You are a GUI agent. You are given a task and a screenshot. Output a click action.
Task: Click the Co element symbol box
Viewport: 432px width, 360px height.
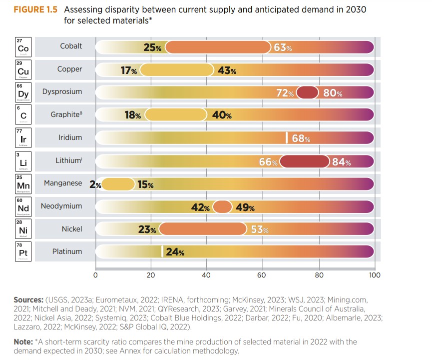(x=23, y=48)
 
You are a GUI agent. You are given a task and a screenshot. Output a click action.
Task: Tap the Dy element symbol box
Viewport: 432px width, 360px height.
(x=23, y=93)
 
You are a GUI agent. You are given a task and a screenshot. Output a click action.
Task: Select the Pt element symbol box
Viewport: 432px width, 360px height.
(x=23, y=253)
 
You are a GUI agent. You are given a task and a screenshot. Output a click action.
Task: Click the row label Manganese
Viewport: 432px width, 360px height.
(x=63, y=183)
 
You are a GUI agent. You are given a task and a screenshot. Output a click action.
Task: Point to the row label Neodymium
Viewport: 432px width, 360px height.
(x=61, y=206)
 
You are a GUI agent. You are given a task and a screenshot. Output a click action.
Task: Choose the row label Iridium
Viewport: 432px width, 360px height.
(x=70, y=137)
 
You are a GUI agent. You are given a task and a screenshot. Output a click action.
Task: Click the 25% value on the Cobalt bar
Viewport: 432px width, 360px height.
(x=152, y=47)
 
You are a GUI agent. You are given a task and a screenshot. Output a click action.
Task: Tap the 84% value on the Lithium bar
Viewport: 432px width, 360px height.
(x=341, y=162)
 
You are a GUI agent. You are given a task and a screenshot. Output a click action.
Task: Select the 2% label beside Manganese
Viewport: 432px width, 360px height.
(x=95, y=184)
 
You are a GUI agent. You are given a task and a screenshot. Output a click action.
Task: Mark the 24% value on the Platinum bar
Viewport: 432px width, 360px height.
(x=175, y=252)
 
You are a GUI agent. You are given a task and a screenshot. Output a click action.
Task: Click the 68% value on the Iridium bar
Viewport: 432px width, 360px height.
(x=301, y=138)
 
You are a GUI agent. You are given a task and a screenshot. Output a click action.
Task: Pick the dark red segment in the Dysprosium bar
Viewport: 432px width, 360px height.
(x=308, y=93)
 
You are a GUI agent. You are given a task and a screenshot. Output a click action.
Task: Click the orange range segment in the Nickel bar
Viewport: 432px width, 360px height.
(x=203, y=229)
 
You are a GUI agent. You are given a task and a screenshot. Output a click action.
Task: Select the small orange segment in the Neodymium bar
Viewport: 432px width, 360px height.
(x=222, y=207)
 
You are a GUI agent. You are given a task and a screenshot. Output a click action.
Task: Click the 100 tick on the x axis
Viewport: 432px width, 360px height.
(x=374, y=274)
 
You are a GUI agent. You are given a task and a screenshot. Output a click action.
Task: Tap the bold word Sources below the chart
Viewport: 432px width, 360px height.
(x=29, y=300)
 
